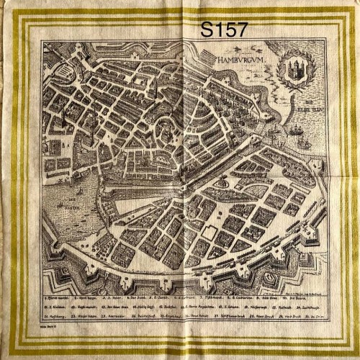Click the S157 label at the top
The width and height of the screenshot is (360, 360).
[x=224, y=30]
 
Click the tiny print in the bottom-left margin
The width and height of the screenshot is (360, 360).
[x=53, y=325]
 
